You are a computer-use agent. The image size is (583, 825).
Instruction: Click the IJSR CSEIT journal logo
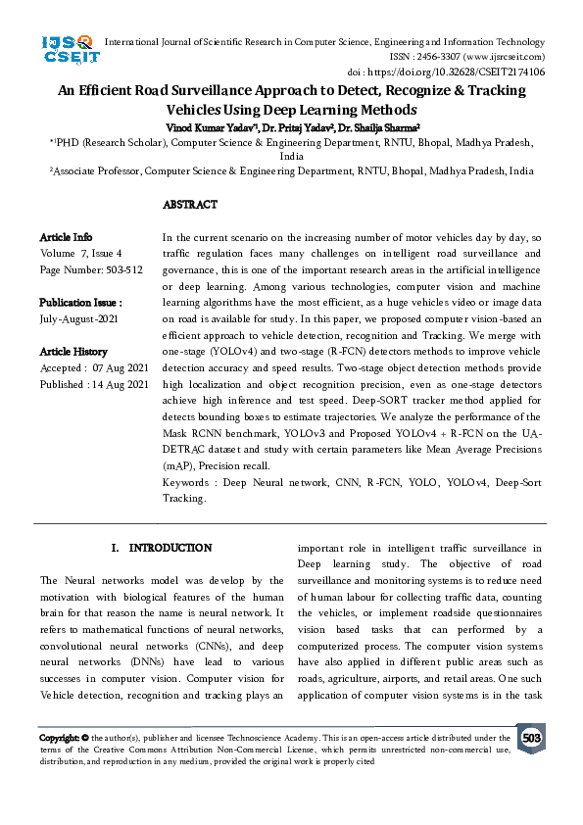tap(68, 49)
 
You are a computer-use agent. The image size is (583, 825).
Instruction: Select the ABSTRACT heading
tap(189, 205)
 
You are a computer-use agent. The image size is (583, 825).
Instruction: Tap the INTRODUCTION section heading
tap(162, 548)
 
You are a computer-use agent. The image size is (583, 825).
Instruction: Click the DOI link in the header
tap(473, 72)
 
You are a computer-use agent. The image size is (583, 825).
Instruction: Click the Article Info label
tap(67, 237)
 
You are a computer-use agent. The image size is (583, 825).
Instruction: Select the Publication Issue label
tap(80, 303)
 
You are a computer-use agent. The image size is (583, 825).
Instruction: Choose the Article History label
tap(73, 352)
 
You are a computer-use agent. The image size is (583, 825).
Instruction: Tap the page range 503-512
tap(119, 269)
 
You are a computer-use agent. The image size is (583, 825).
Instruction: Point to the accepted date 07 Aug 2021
tap(119, 368)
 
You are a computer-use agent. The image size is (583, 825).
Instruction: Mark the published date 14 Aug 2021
tap(121, 385)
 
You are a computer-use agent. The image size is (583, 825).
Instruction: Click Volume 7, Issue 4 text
tap(88, 254)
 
